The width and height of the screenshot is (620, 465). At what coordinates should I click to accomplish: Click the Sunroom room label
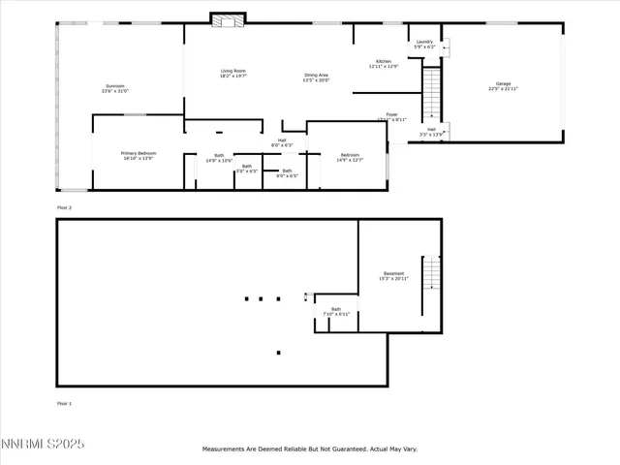pos(115,89)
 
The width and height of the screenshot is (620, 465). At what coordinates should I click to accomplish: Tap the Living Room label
pos(232,74)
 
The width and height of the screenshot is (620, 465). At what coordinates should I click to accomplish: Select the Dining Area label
pos(317,77)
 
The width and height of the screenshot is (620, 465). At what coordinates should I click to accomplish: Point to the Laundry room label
pos(424,44)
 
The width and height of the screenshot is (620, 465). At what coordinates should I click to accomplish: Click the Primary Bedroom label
pos(139,155)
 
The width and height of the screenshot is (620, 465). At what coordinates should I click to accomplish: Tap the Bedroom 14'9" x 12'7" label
pos(349,158)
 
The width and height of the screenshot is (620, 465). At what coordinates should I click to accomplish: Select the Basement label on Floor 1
pos(393,275)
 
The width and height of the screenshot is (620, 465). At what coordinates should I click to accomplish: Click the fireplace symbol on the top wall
pos(226,19)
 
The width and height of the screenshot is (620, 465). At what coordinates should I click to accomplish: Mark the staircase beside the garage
pos(432,92)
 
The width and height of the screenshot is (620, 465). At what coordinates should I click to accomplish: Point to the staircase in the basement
pos(431,286)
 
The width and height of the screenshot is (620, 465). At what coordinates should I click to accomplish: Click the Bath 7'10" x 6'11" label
pos(336,312)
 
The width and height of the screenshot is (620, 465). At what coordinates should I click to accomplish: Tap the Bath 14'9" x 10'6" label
pos(219,158)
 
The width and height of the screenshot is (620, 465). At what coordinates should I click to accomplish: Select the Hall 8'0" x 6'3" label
pos(282,143)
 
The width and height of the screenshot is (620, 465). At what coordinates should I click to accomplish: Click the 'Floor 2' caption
pos(64,207)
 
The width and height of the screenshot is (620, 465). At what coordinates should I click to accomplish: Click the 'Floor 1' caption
pos(64,403)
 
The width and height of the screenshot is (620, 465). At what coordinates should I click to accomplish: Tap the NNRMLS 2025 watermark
pos(43,445)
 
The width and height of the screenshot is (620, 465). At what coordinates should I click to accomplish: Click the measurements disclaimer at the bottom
pos(309,449)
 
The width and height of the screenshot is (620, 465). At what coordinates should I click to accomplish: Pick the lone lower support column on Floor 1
pos(279,353)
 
